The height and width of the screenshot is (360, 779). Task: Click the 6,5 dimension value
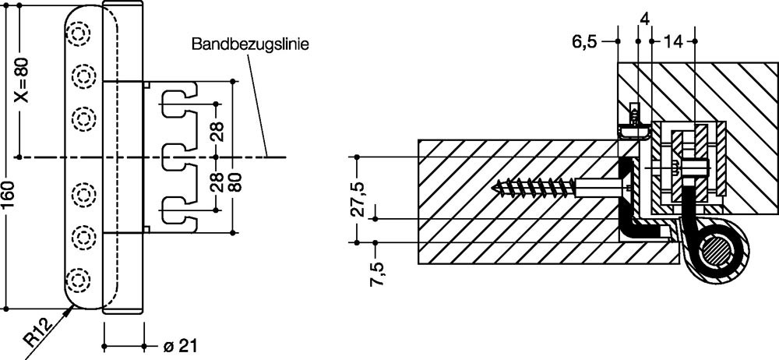click(x=588, y=42)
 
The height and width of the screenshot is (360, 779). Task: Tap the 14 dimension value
click(x=675, y=42)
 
